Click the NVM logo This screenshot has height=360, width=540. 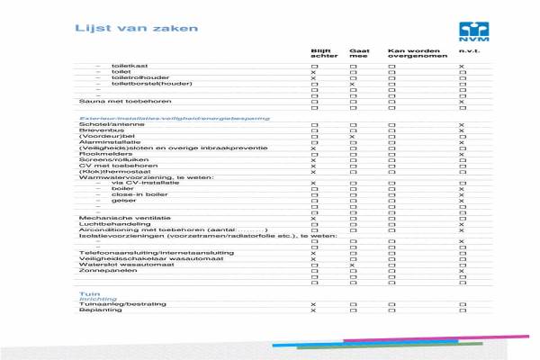472,31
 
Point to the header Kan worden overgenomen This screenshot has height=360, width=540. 408,53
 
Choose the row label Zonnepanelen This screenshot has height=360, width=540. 101,271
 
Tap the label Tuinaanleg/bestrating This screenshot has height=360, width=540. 111,305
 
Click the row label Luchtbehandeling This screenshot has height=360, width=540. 103,224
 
